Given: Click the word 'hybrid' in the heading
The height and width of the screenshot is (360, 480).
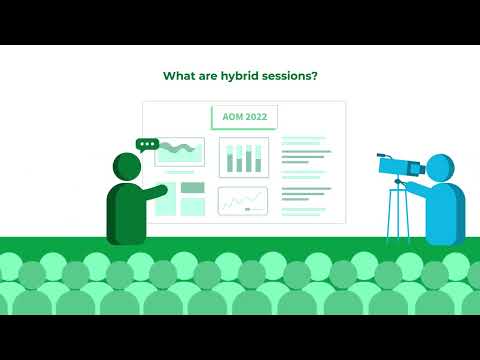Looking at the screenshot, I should point(245,75).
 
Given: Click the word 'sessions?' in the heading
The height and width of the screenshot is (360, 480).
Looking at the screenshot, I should point(293,75).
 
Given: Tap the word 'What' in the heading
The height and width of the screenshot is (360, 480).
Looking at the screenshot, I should point(179,75).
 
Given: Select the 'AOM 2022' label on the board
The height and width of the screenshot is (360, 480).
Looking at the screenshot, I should point(244,116).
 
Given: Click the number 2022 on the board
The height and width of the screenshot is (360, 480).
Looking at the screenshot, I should point(256,116).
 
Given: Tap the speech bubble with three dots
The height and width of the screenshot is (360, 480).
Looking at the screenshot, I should point(148,145).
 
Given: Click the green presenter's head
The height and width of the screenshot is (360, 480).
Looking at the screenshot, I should point(127,166).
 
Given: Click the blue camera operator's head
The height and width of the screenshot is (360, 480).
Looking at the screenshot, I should point(439,167).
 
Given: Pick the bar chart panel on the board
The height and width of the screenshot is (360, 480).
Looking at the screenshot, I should point(243,157).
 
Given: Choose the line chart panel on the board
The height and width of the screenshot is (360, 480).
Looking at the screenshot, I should point(243,201).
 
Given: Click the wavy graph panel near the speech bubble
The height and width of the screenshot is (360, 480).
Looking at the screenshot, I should point(181,152).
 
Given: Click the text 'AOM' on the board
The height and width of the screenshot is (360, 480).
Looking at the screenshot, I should point(232,116).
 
